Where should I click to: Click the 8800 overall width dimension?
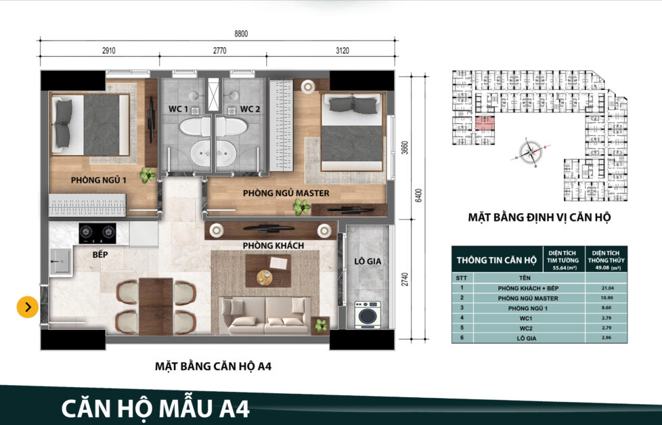tap(217, 34)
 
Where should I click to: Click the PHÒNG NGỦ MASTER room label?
tap(286, 194)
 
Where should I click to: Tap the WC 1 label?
tap(178, 109)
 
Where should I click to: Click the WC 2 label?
tap(250, 109)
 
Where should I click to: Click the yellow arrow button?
tap(27, 307)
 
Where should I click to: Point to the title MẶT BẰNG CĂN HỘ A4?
tap(213, 366)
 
